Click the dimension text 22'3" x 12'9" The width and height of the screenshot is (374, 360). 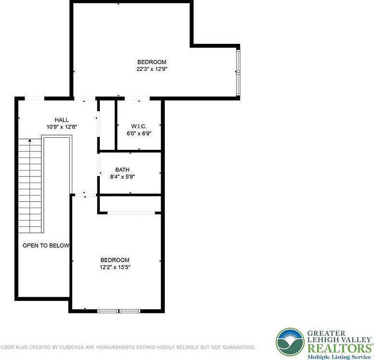pos(152,69)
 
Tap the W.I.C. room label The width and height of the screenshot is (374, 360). pos(139,126)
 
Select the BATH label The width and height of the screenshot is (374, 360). pos(122,170)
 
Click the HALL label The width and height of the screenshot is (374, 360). pos(61,120)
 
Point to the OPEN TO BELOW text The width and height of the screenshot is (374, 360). pos(46,245)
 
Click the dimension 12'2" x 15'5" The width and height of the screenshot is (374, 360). pos(115,267)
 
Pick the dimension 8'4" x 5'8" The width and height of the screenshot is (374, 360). pos(122,176)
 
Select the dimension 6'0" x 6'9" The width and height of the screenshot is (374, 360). pos(139,133)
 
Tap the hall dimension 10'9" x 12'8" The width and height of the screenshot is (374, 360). pos(61,127)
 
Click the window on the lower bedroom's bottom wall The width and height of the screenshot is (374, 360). pos(119,311)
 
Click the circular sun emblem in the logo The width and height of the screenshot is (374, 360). pos(290,342)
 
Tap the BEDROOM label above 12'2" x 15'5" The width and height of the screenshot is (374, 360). pos(115,260)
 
